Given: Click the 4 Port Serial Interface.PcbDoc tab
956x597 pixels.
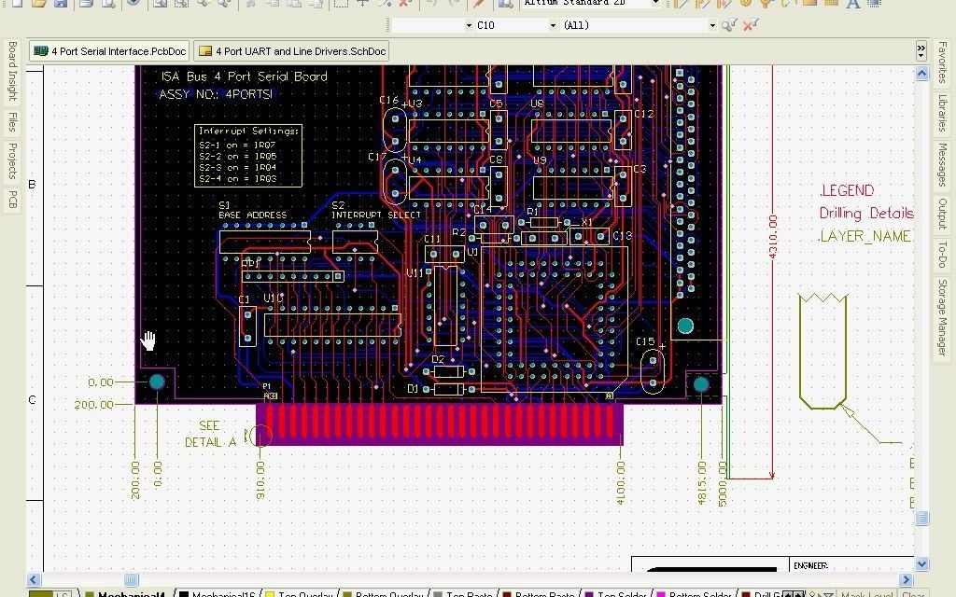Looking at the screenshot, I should click(x=109, y=51).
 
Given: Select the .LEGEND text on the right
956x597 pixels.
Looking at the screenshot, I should click(x=847, y=190).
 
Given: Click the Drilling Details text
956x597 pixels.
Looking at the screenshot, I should click(x=865, y=214).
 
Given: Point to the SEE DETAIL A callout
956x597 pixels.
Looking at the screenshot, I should click(x=211, y=435).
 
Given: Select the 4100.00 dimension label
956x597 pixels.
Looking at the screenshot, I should click(x=619, y=481).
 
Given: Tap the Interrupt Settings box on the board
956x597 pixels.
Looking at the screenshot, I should click(x=249, y=155).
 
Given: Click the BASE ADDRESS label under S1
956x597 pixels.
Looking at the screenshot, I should click(x=252, y=215).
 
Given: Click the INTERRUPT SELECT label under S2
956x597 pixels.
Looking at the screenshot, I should click(x=375, y=215).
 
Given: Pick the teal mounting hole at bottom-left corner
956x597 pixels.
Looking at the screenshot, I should click(x=157, y=382).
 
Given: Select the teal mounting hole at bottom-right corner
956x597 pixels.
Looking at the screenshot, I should click(x=701, y=383).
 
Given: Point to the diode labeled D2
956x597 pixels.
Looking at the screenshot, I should click(x=449, y=371).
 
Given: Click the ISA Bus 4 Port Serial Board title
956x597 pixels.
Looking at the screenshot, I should click(x=244, y=76).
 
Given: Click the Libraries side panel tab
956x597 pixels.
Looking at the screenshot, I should click(x=942, y=114).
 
